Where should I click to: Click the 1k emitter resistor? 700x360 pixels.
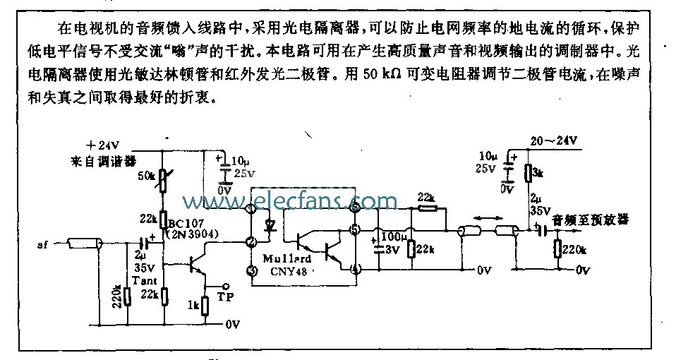point(205,306)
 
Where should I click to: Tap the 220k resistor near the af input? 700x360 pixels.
point(127,296)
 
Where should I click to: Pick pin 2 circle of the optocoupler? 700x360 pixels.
point(251,242)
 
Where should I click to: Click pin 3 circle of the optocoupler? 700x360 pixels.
point(251,270)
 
